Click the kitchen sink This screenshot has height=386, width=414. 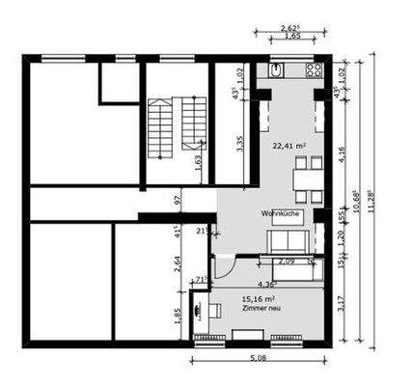[276, 70]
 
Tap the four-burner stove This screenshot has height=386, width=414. [313, 70]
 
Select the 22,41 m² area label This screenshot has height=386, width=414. [288, 147]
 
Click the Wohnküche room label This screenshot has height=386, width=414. [277, 213]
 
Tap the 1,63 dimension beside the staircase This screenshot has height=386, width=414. [198, 161]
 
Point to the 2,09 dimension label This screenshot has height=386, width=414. [287, 261]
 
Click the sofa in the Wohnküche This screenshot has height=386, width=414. [288, 240]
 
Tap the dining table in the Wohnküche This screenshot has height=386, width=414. [306, 177]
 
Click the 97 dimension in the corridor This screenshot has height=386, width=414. [177, 200]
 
